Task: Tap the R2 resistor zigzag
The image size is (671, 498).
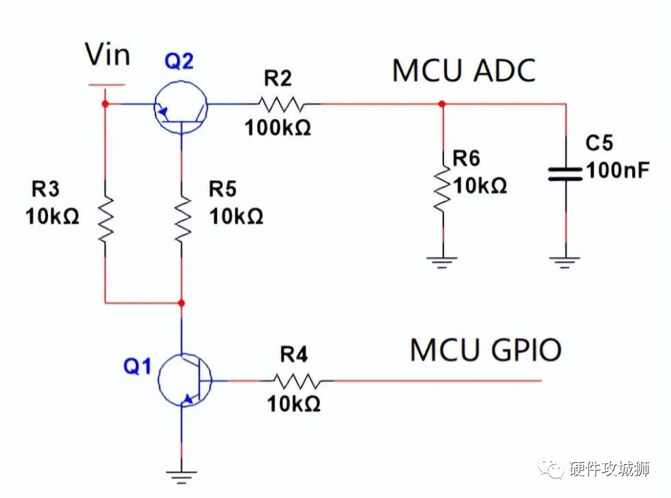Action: (x=281, y=104)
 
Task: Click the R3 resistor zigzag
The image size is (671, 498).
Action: (x=105, y=218)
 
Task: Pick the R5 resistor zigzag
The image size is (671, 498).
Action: (x=182, y=218)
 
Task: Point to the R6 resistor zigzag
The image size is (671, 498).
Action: (x=443, y=189)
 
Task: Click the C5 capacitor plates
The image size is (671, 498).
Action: (x=565, y=173)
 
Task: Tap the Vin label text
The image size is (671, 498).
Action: (x=107, y=54)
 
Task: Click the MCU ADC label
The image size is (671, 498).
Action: (x=463, y=71)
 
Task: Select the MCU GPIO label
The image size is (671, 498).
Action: (x=486, y=349)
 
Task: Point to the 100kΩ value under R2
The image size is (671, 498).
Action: (x=278, y=128)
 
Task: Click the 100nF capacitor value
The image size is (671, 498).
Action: (x=617, y=170)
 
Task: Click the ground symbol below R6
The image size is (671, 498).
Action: (x=443, y=261)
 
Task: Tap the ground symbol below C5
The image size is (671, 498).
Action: (x=565, y=261)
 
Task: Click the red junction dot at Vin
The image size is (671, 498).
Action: (x=105, y=104)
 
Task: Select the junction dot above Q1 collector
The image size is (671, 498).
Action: (x=182, y=303)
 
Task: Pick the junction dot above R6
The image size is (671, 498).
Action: (x=442, y=104)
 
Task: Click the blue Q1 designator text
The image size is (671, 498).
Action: (x=137, y=366)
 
